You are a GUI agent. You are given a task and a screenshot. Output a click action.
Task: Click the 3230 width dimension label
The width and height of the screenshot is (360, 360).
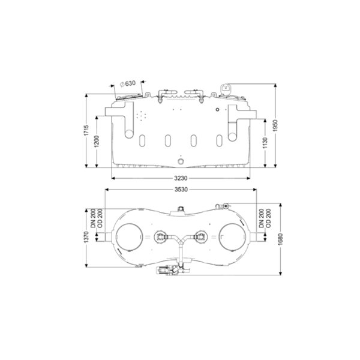[181, 178]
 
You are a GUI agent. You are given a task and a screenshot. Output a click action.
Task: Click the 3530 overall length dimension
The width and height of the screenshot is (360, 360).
[181, 190]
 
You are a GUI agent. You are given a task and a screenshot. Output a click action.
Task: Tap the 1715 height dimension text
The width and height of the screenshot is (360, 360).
[86, 130]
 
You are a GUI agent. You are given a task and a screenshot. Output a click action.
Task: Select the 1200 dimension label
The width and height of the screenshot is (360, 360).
[97, 141]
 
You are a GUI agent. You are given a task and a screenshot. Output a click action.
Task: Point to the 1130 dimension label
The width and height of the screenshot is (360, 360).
[265, 143]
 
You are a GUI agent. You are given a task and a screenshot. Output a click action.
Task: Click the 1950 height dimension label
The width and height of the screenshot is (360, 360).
[275, 125]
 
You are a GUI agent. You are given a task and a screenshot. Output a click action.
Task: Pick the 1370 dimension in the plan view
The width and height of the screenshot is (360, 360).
[86, 238]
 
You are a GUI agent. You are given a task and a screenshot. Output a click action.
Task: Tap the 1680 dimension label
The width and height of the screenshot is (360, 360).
[281, 239]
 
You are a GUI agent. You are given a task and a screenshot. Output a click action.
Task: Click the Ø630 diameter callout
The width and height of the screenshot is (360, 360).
[128, 83]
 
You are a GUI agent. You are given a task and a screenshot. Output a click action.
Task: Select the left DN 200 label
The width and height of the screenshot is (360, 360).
[93, 218]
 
